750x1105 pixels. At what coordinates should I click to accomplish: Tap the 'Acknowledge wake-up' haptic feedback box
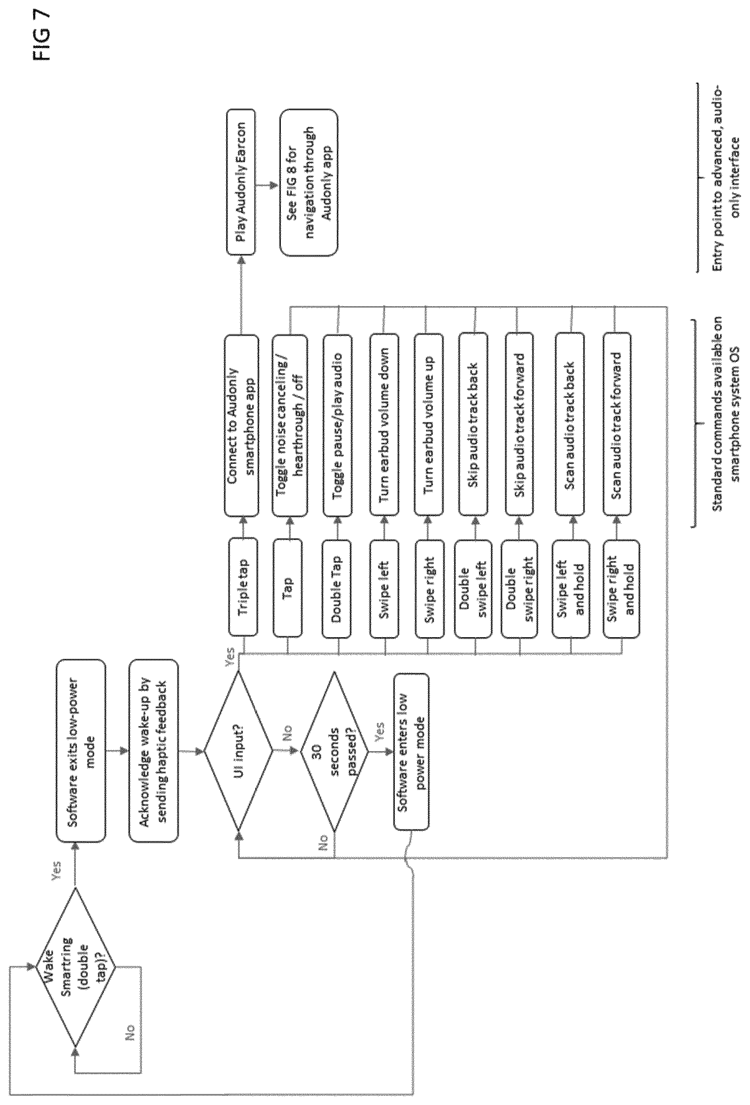click(x=154, y=751)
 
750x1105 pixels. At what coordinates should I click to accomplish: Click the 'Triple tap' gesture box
click(x=243, y=587)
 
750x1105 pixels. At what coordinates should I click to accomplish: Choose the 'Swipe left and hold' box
click(x=571, y=589)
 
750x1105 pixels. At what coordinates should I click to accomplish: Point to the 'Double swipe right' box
click(x=519, y=589)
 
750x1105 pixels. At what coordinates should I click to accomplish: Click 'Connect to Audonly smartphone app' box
click(x=242, y=426)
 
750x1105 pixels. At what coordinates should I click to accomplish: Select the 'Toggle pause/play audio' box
click(x=337, y=426)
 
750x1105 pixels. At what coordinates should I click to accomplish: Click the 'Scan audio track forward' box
click(x=617, y=425)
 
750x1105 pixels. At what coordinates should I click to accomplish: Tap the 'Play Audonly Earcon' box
click(x=241, y=182)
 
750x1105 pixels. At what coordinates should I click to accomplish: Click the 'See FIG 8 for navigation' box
click(x=309, y=182)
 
